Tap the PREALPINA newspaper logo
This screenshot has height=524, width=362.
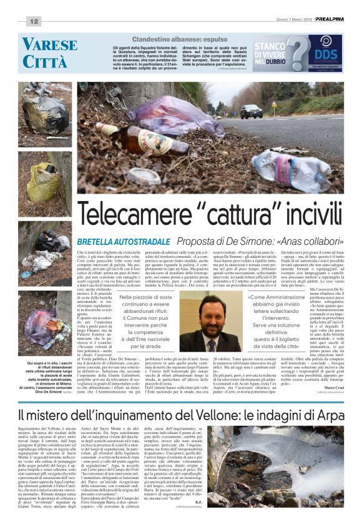tap(328, 20)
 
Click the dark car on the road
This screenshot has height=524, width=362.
tap(251, 111)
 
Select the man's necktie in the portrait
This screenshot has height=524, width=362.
tap(212, 339)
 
